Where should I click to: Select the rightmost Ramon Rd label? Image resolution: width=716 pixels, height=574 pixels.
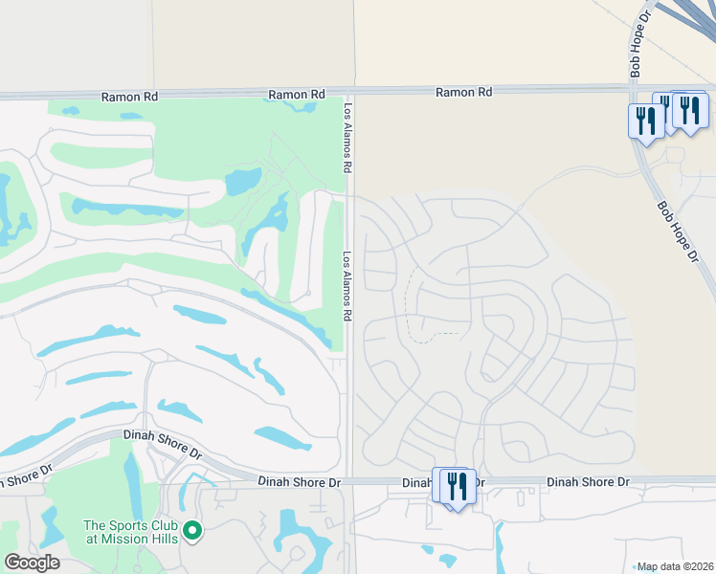[463, 92]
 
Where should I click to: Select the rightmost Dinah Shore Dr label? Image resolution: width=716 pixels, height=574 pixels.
[588, 482]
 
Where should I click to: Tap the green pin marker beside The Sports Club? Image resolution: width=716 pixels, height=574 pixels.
[192, 530]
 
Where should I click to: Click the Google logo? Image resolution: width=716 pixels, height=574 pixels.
[32, 563]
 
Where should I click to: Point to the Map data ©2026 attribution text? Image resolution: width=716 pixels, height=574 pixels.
[675, 566]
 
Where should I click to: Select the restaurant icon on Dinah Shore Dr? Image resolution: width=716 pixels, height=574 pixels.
[456, 487]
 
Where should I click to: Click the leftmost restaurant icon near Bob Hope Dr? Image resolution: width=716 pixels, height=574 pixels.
[646, 121]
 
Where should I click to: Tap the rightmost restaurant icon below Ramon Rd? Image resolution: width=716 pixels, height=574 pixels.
[690, 110]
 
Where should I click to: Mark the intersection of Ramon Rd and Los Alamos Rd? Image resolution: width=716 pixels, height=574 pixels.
[348, 93]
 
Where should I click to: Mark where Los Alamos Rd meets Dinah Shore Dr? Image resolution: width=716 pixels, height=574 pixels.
[350, 483]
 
